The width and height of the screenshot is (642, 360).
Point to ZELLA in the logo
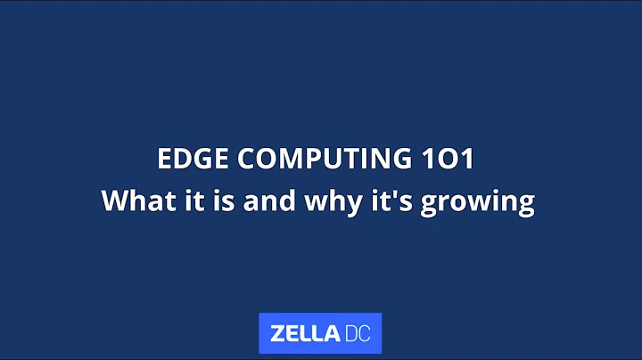(304, 334)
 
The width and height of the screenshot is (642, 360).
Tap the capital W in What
(116, 200)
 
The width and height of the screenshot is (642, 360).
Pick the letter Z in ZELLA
(278, 334)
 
